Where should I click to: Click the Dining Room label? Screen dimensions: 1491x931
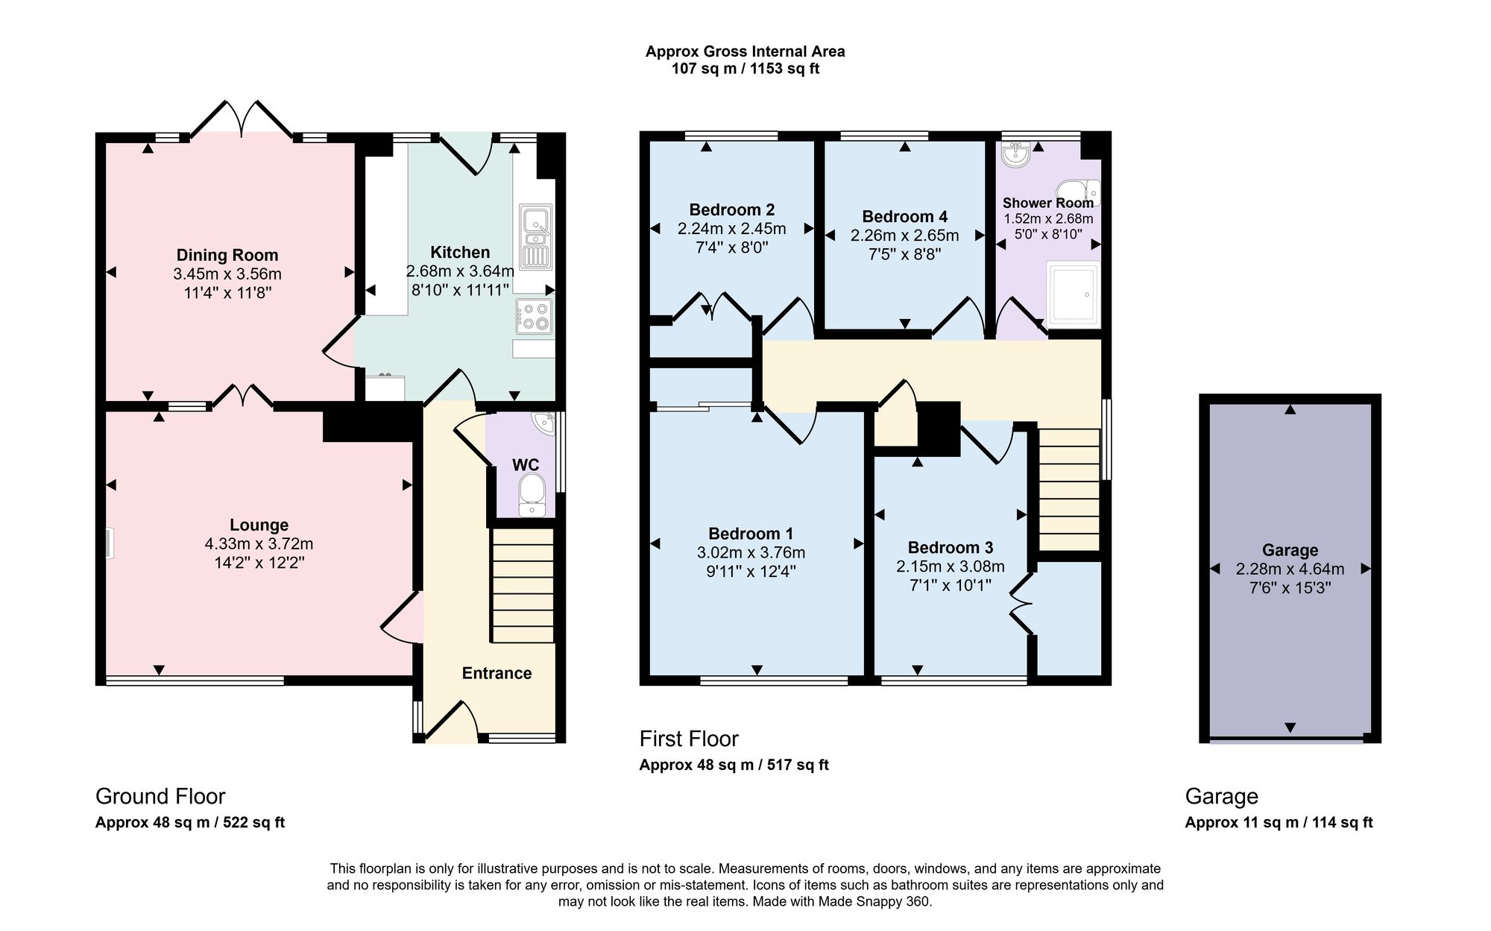click(x=227, y=255)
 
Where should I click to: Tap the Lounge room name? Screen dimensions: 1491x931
click(x=259, y=525)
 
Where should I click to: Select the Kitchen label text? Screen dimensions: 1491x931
click(x=460, y=252)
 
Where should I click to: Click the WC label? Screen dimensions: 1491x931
click(x=526, y=464)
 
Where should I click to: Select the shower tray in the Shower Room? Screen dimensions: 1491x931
click(x=1073, y=294)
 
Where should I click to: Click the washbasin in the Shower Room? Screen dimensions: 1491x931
click(x=1015, y=154)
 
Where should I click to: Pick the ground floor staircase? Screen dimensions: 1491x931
click(x=523, y=585)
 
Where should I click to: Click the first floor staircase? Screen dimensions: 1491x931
click(x=1069, y=489)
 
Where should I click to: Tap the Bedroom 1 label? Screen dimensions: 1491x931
click(x=751, y=534)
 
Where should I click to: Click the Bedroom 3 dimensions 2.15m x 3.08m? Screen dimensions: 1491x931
click(x=951, y=567)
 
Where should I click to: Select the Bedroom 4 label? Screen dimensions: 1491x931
click(x=904, y=217)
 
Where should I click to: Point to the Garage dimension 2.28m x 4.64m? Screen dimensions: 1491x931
click(x=1290, y=569)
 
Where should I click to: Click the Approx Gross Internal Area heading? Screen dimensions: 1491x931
click(x=745, y=51)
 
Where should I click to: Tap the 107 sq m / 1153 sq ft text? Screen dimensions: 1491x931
click(x=745, y=69)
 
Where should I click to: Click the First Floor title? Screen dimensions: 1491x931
click(x=689, y=739)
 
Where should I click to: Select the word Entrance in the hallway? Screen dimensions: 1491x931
click(x=497, y=673)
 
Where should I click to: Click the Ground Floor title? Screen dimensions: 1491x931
click(x=160, y=797)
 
